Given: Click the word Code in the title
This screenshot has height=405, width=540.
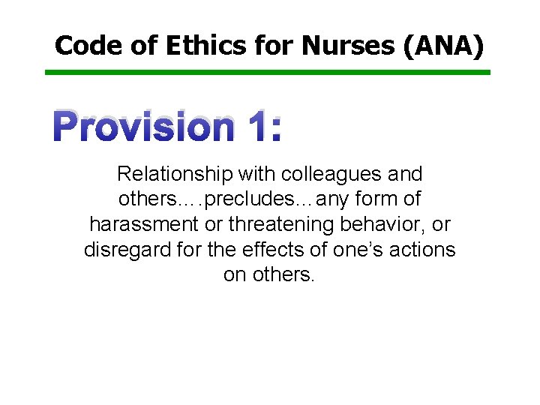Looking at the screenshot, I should [x=84, y=46].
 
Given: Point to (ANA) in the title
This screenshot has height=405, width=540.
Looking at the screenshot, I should [x=444, y=46].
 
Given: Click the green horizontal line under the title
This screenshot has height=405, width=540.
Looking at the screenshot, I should [x=268, y=73].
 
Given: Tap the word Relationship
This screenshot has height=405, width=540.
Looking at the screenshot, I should [x=175, y=175].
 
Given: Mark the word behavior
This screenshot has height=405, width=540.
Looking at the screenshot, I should [x=378, y=224].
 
